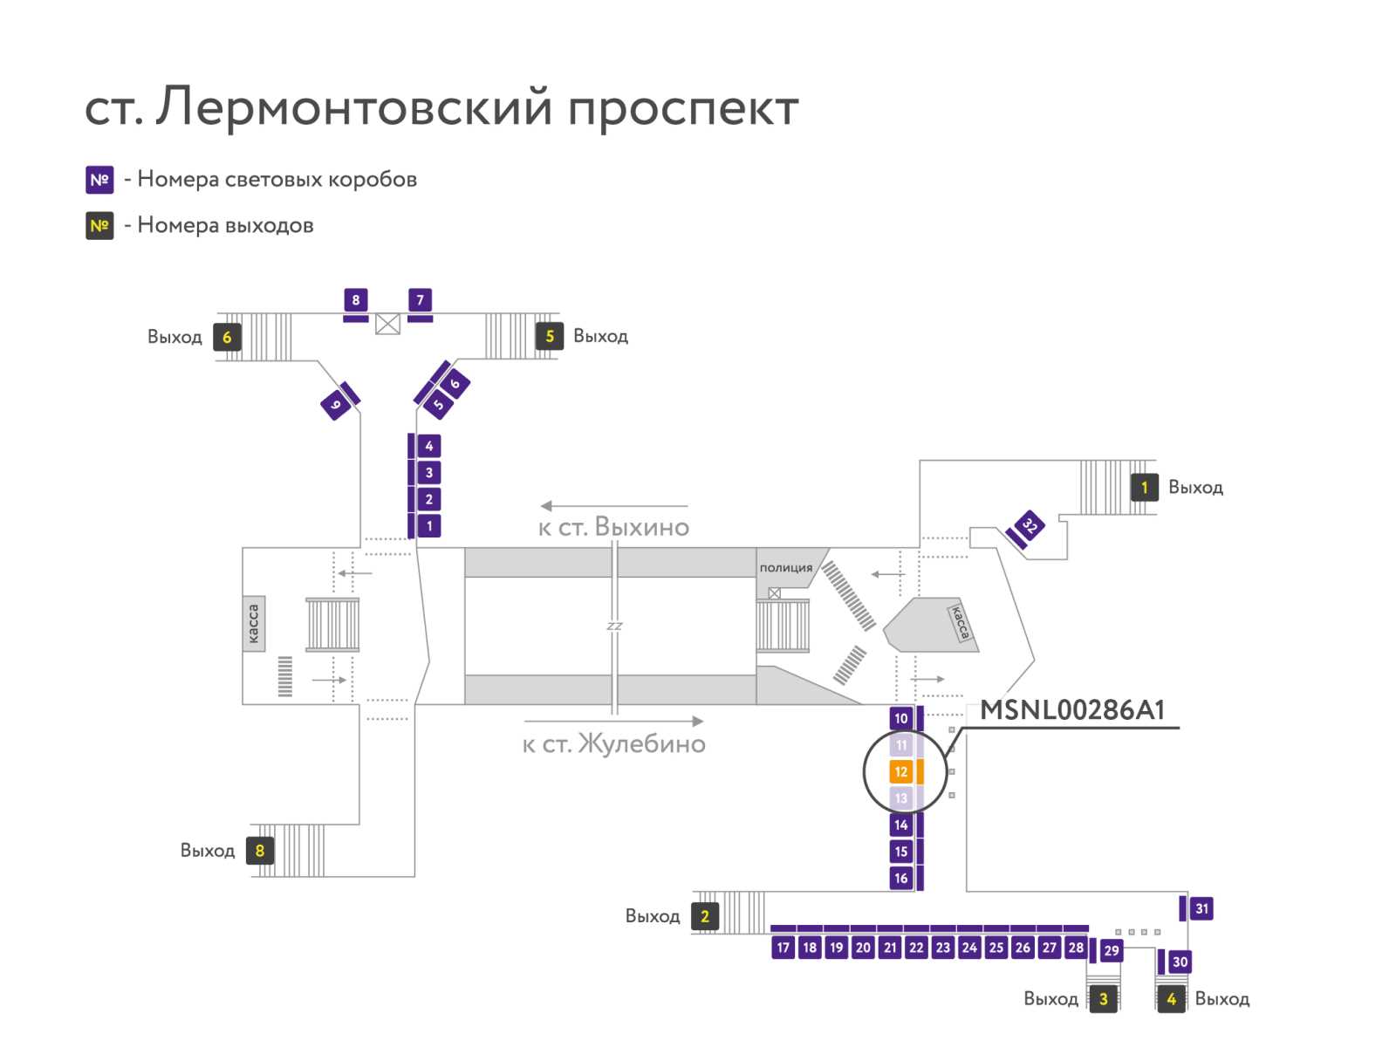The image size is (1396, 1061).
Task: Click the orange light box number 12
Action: click(x=900, y=771)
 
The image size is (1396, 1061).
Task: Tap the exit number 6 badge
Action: click(x=227, y=337)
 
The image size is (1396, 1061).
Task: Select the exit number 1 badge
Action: click(x=1144, y=488)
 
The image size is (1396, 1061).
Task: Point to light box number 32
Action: click(x=1030, y=526)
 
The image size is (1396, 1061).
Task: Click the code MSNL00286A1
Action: click(x=1072, y=710)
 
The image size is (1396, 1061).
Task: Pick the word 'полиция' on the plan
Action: click(x=785, y=568)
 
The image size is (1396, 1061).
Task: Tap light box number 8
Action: click(x=355, y=300)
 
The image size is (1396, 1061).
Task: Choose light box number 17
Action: click(x=783, y=948)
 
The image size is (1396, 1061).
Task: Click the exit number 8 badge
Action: click(x=259, y=851)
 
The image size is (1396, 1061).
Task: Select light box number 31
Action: click(x=1201, y=908)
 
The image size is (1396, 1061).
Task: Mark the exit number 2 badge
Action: click(x=705, y=916)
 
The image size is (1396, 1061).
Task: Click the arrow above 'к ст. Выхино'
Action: click(x=613, y=506)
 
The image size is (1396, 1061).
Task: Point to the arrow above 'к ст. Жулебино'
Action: click(x=613, y=721)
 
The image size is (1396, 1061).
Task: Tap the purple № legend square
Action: click(x=99, y=180)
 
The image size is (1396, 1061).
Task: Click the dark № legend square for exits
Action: click(x=99, y=226)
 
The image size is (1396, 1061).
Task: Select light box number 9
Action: click(x=336, y=405)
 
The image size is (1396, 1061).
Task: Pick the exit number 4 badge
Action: click(x=1172, y=999)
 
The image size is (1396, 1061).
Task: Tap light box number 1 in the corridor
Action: click(x=429, y=526)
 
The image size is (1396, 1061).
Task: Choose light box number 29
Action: click(x=1111, y=950)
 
